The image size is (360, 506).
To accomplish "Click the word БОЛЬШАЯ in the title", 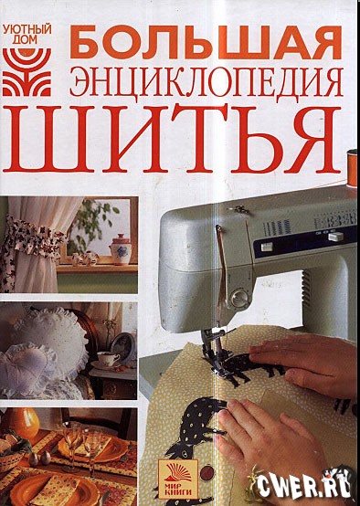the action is (x=206, y=42).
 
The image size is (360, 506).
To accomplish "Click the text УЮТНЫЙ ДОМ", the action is (x=27, y=34).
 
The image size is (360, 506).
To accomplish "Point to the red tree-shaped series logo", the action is (x=26, y=72).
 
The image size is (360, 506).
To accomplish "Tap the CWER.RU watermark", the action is (x=308, y=485).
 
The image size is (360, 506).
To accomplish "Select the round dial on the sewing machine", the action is (x=238, y=296).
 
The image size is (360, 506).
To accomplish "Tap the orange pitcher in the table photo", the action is (x=25, y=424).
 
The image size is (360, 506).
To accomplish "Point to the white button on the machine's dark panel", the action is (x=267, y=247).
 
